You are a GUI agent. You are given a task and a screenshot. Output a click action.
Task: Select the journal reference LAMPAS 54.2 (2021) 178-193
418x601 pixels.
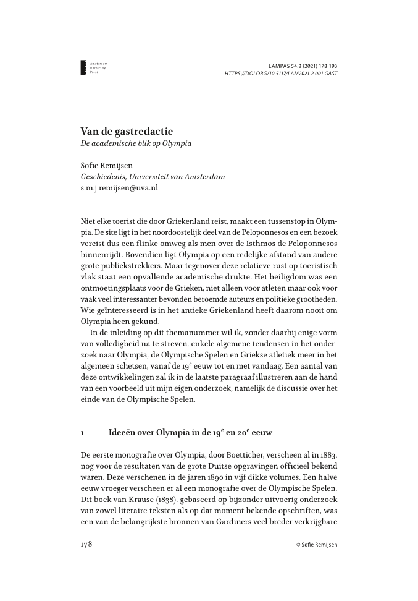click(303, 66)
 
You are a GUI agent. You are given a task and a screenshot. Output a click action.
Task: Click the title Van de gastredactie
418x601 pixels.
click(127, 131)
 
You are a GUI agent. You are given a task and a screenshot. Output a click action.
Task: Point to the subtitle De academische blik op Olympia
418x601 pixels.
click(136, 143)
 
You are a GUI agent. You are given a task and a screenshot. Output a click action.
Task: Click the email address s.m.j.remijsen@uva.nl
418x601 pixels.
click(119, 187)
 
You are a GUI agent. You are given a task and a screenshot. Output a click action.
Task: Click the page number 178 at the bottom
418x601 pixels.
click(86, 544)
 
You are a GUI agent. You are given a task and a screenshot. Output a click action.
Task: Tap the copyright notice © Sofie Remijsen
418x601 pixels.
click(317, 545)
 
